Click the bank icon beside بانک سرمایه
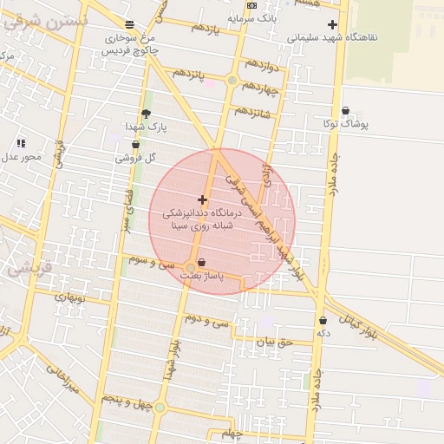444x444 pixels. click(x=252, y=5)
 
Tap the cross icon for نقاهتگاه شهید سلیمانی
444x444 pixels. click(x=332, y=24)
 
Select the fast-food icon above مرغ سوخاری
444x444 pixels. click(x=130, y=24)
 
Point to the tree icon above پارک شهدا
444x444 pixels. click(x=146, y=114)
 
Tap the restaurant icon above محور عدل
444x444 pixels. click(x=21, y=143)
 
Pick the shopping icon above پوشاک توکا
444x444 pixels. click(x=346, y=111)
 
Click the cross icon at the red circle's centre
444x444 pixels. click(x=203, y=199)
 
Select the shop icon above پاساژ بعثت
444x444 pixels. click(x=202, y=262)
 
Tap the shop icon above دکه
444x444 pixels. click(x=323, y=320)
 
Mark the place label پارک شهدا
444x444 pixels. click(x=146, y=127)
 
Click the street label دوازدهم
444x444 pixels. click(x=261, y=65)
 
